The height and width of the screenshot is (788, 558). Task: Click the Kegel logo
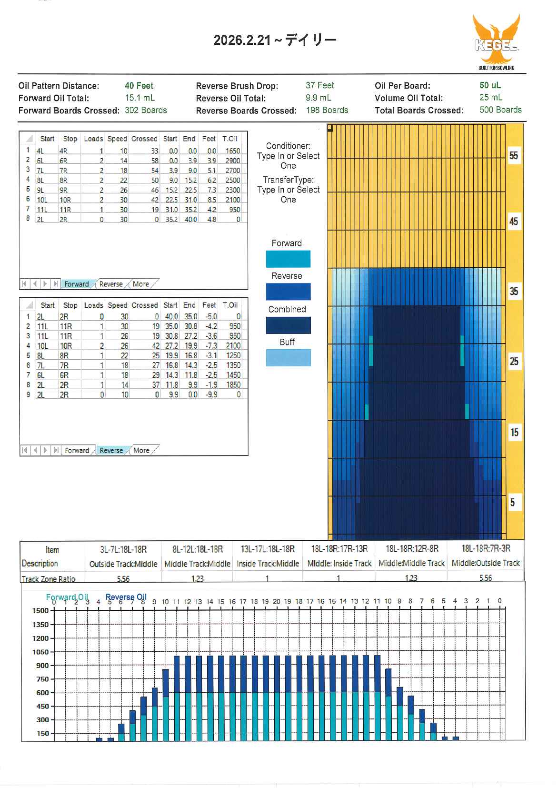(x=496, y=42)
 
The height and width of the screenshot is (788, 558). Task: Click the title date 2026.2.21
(x=242, y=40)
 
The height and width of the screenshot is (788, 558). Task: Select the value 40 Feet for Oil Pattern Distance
(x=139, y=86)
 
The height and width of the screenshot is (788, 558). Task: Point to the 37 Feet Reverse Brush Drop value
(x=319, y=85)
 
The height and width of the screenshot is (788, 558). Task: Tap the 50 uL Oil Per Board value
(x=490, y=85)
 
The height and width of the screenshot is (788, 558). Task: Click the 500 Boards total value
(x=500, y=110)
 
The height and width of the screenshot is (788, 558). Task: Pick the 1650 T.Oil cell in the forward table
(x=232, y=151)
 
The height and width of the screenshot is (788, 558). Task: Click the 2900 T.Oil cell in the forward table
(x=232, y=161)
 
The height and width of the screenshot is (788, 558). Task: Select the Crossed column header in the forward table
(x=144, y=139)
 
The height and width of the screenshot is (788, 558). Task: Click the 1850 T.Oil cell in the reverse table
(x=233, y=384)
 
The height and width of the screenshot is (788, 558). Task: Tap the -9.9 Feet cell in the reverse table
(x=211, y=394)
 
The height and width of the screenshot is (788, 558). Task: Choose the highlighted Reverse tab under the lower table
(x=111, y=450)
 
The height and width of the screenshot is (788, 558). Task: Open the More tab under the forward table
(x=141, y=284)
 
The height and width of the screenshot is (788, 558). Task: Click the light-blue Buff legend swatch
(x=288, y=357)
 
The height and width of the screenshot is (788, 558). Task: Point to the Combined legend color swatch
(x=288, y=325)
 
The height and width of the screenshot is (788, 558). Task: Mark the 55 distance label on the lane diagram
(x=513, y=155)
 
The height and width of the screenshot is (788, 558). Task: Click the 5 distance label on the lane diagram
(x=512, y=502)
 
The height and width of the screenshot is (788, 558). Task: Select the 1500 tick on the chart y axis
(x=40, y=610)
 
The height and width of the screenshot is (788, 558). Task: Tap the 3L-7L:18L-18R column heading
(x=123, y=549)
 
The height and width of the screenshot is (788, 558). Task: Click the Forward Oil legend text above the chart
(x=67, y=597)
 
